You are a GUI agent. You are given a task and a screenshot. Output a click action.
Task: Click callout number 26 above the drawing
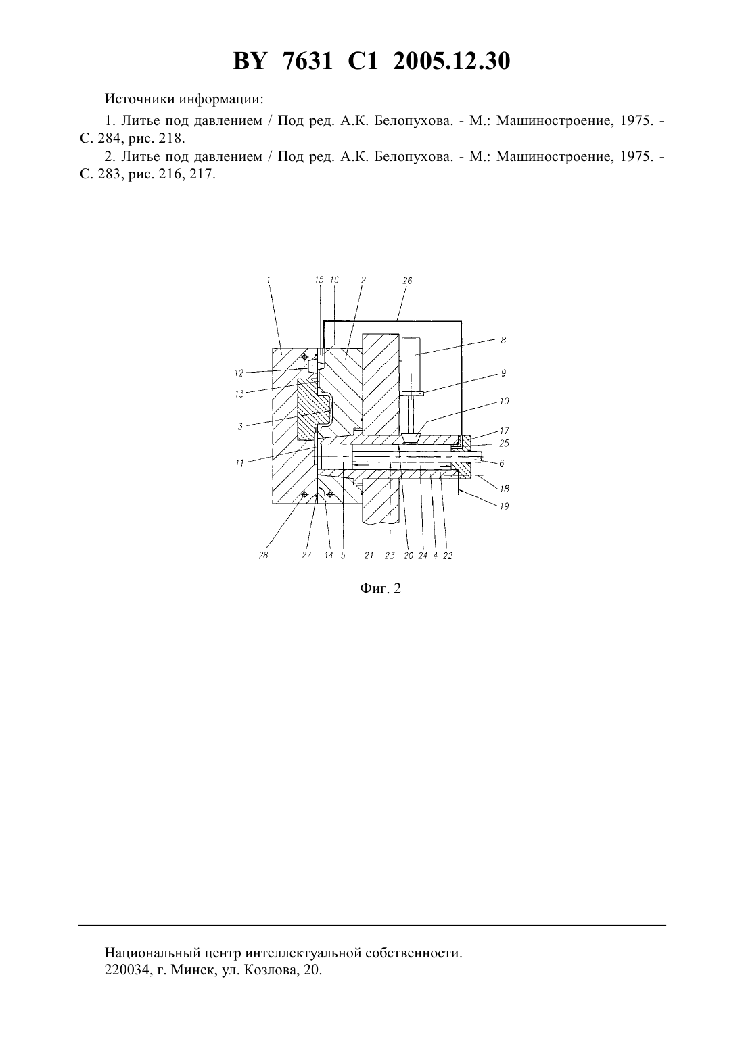(406, 281)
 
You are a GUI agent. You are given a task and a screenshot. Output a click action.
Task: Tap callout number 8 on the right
(503, 340)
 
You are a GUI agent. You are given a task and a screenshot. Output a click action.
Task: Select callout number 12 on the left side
(239, 373)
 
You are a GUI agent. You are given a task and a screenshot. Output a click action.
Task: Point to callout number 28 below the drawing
(263, 555)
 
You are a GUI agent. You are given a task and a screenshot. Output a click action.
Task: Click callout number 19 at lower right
(504, 506)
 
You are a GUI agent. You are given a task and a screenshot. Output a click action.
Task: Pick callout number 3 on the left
(240, 427)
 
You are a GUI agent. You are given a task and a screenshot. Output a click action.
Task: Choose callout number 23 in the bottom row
(390, 556)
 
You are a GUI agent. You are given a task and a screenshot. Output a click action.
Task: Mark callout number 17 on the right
(505, 431)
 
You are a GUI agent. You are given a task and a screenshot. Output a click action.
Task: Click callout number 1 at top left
(269, 279)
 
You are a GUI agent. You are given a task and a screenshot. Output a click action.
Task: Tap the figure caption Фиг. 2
(380, 588)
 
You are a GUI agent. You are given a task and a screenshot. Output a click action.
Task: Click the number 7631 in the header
(308, 61)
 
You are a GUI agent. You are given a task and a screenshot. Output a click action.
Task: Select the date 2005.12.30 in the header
(451, 61)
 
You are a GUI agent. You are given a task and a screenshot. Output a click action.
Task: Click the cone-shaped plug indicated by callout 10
(411, 437)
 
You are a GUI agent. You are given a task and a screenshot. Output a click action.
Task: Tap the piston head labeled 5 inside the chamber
(335, 458)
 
